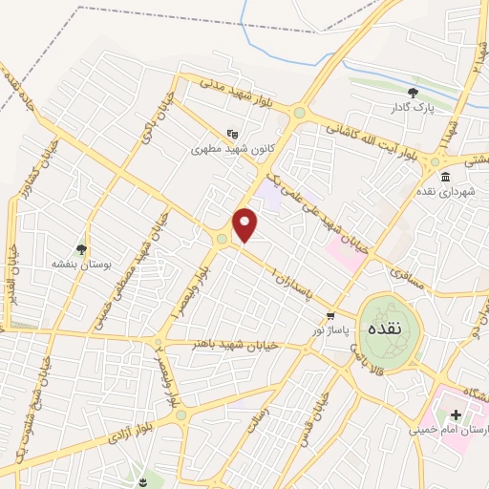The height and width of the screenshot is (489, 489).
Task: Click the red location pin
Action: pyautogui.click(x=245, y=224)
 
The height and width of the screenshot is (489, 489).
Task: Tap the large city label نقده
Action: pyautogui.click(x=395, y=326)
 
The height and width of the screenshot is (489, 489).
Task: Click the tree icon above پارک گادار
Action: pyautogui.click(x=413, y=93)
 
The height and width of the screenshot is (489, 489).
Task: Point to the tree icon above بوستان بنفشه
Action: pyautogui.click(x=81, y=248)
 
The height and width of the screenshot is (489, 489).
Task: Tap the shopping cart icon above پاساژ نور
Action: pyautogui.click(x=330, y=315)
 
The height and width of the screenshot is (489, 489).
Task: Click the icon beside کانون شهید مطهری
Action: pyautogui.click(x=232, y=135)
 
